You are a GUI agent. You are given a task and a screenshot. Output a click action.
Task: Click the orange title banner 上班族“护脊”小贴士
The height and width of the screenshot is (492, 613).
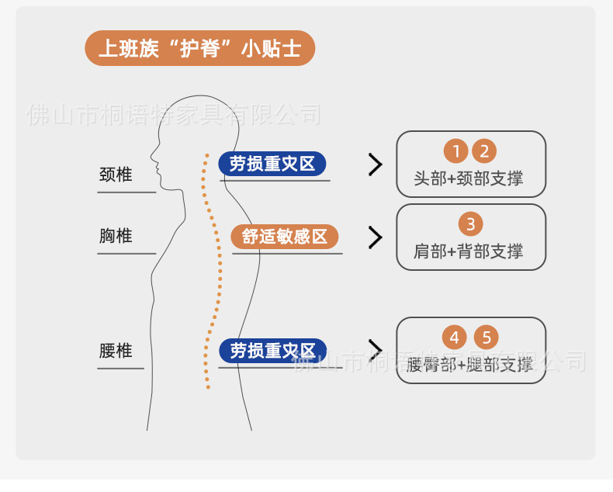click(199, 48)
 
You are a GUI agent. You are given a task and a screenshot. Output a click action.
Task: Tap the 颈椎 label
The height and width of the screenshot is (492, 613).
click(116, 175)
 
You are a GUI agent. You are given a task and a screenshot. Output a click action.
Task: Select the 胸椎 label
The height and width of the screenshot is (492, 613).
click(116, 235)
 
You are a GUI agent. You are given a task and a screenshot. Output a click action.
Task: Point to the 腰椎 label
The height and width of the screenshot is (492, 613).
click(116, 351)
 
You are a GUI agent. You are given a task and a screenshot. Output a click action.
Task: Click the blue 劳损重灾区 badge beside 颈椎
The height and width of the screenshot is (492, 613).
click(272, 164)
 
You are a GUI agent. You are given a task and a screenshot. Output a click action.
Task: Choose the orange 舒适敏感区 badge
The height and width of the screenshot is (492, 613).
click(285, 237)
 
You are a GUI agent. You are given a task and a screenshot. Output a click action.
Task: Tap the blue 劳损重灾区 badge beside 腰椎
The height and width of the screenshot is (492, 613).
click(272, 351)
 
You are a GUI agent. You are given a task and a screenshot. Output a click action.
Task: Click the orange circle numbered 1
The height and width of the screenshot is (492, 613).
click(456, 151)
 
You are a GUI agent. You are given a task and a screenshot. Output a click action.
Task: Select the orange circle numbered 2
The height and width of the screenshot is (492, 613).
click(484, 151)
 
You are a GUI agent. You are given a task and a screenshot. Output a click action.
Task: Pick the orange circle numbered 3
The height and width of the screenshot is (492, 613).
click(471, 224)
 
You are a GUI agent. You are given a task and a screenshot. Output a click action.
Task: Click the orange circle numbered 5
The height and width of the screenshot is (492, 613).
click(487, 338)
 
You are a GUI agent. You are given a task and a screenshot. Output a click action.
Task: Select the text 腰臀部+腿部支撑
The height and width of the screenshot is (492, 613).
click(470, 365)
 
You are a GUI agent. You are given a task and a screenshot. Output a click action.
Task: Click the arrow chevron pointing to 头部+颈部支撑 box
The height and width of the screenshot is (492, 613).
click(376, 165)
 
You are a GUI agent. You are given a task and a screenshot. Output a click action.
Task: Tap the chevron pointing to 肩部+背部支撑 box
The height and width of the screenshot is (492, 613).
click(376, 237)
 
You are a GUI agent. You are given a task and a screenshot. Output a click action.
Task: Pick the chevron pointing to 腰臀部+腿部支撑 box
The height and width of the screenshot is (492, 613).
click(376, 350)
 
